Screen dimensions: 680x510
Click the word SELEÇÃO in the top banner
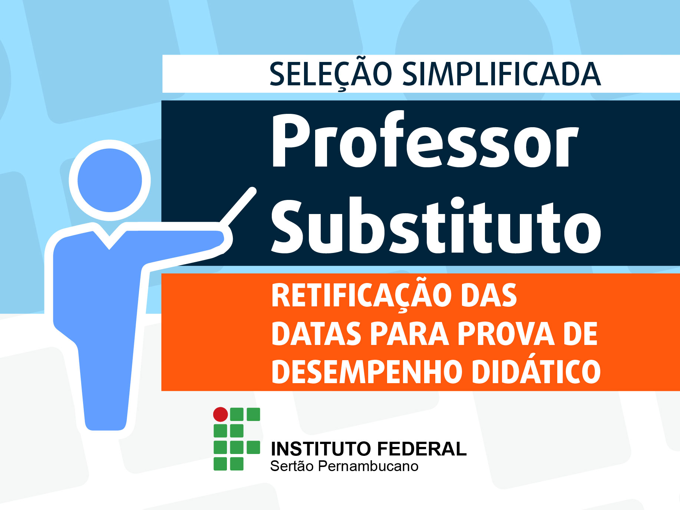point(331,74)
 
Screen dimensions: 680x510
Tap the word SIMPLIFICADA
point(501,74)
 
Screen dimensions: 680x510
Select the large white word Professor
point(425,141)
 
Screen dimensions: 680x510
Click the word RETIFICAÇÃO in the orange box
point(363,296)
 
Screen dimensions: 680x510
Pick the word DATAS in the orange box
point(317,333)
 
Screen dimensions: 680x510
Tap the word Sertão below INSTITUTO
point(292,466)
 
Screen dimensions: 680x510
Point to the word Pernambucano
point(368,466)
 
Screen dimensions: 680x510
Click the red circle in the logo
point(221,414)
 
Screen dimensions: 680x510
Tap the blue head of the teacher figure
point(110,180)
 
